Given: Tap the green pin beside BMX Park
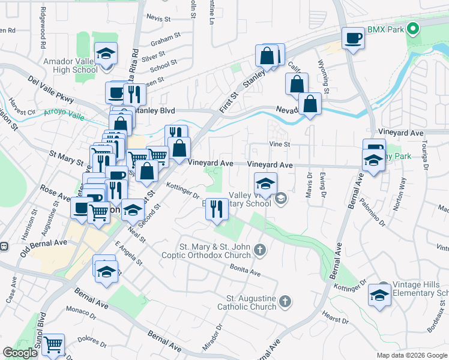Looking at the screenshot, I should pos(412,28).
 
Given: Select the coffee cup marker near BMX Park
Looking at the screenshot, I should pos(353,38).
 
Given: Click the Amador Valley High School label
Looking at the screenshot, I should pos(70,65).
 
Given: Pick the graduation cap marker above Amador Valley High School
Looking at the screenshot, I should pos(106,54).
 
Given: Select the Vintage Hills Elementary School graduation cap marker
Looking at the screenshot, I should pos(379,295).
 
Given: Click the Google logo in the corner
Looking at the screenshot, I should pos(20,353).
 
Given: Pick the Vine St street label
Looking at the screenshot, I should pos(279,144).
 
